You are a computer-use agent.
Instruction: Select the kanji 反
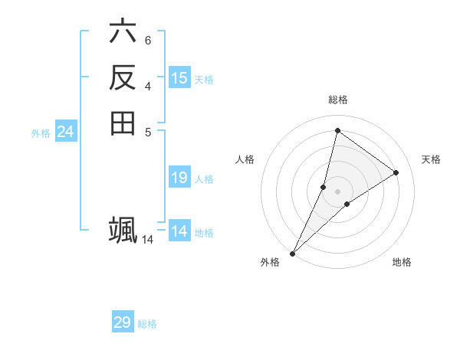click(123, 77)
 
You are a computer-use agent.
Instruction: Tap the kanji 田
click(123, 123)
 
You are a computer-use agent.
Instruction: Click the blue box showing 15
click(179, 78)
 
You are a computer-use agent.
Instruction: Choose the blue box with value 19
click(179, 178)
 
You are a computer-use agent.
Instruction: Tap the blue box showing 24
click(65, 133)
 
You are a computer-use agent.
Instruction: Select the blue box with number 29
click(123, 322)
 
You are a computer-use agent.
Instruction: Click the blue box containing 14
click(179, 231)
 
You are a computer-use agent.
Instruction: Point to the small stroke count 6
click(147, 40)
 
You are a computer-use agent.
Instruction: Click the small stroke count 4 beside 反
click(147, 85)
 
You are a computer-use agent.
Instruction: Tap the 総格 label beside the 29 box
click(147, 324)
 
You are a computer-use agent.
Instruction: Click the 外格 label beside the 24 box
click(41, 133)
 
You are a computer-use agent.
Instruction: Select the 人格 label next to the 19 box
click(204, 179)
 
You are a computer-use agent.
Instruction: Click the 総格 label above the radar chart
click(337, 100)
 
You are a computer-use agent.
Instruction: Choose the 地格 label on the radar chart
click(402, 262)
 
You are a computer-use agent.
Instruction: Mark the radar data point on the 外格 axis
click(293, 253)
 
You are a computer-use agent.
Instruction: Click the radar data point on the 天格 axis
click(396, 172)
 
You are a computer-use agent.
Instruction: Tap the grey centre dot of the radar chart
click(337, 191)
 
